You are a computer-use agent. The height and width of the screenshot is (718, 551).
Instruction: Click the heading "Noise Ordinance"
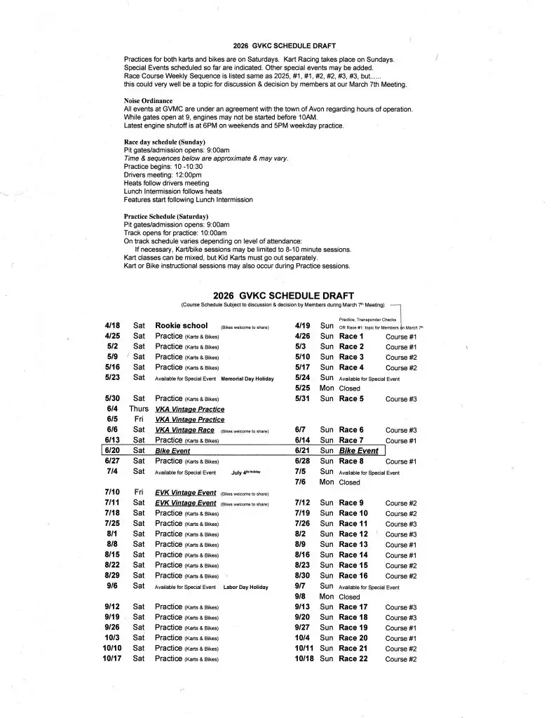tap(148, 101)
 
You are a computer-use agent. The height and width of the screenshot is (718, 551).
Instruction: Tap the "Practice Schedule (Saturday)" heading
tap(165, 216)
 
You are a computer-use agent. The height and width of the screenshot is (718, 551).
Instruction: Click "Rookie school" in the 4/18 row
tap(181, 325)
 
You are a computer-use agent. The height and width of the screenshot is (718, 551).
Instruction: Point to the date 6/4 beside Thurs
tap(111, 409)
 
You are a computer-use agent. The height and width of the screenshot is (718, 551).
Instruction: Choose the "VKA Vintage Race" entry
tap(184, 430)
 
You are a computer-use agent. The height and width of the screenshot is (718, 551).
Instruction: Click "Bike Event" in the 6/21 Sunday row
tap(358, 451)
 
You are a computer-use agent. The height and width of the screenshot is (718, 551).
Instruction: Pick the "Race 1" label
tap(351, 336)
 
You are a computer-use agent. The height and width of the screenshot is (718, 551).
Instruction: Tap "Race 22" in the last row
tap(353, 658)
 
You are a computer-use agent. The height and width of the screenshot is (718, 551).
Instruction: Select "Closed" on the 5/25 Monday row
tap(349, 388)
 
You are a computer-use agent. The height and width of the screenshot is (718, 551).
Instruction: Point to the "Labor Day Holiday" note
tap(245, 587)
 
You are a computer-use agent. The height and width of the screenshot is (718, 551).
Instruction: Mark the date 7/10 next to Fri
tap(111, 492)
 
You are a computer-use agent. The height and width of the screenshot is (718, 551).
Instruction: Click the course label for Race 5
tap(401, 399)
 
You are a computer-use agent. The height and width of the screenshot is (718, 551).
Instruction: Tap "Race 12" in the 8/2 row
tap(353, 534)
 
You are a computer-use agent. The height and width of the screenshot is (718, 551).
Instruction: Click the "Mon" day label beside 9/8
tap(326, 597)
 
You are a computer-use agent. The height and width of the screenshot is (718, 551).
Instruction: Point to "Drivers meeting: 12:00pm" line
tap(159, 175)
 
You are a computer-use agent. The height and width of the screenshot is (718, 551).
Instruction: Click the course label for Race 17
tap(401, 607)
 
